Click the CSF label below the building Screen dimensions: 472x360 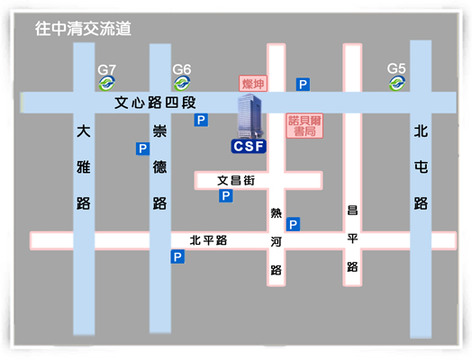coord(249,146)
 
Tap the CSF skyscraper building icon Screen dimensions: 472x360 coord(250,116)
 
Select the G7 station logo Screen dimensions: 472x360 coord(107,84)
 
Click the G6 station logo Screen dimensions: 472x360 coord(182,84)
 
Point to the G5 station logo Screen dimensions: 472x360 coord(397,84)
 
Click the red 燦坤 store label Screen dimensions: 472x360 coord(253,84)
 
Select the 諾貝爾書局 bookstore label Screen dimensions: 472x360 coord(304,126)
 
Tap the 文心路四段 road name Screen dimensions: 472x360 coord(155,103)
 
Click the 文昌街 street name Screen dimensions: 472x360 coord(236,181)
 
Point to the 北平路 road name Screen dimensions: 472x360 coord(208,240)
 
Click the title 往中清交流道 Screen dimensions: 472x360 coord(83,29)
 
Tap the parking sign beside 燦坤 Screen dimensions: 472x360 coord(303,85)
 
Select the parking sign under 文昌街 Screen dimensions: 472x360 coord(226,196)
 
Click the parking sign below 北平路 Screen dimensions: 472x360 coord(177,256)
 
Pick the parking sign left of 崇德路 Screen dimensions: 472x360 coord(142,148)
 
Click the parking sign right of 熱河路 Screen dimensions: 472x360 coord(293,224)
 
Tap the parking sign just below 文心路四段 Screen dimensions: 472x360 coord(201,121)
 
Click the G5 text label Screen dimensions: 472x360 coord(396,69)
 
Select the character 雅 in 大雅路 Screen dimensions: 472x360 coord(84,166)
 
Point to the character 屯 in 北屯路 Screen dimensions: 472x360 coord(421,166)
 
